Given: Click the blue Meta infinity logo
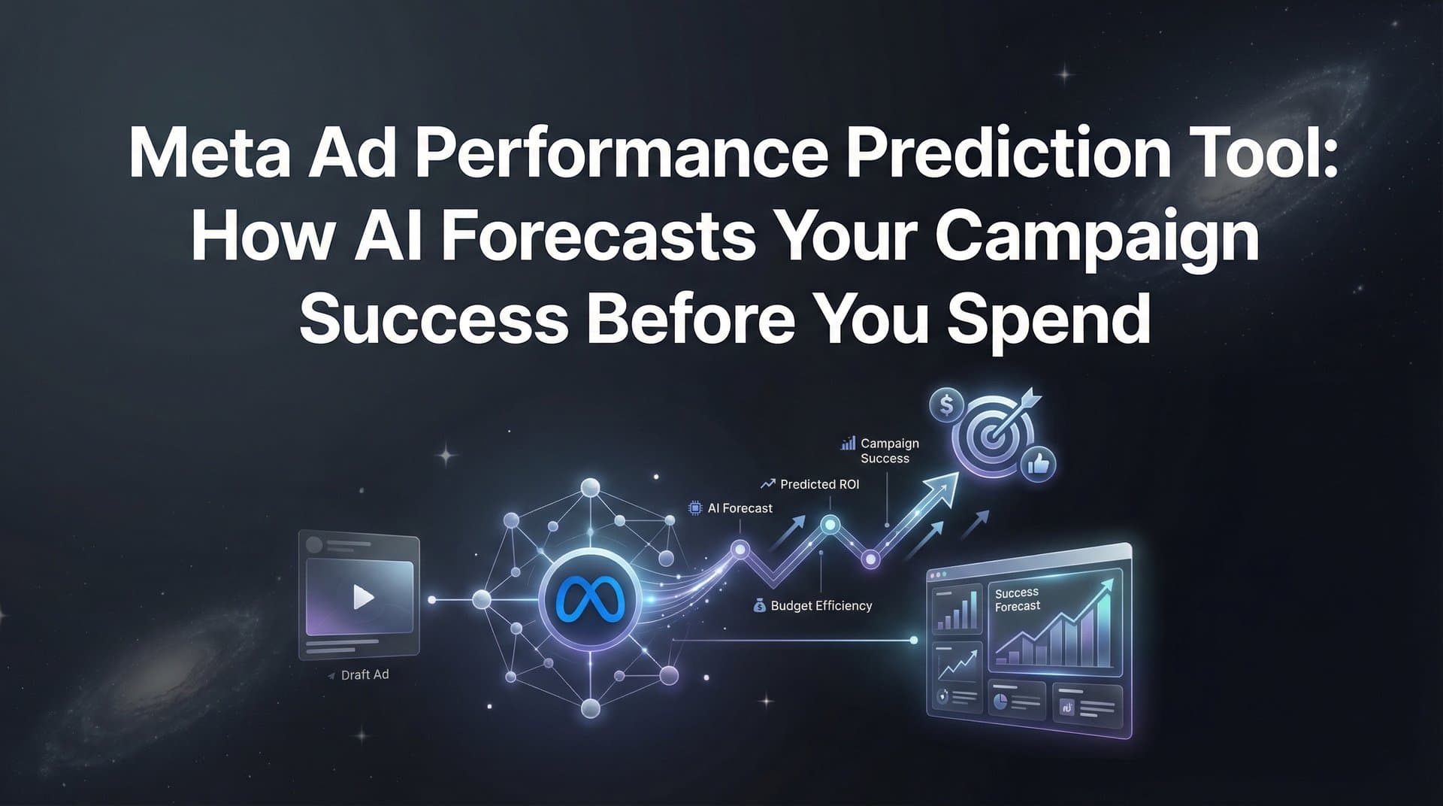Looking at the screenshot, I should click(x=590, y=599).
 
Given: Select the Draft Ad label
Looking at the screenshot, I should click(x=365, y=675).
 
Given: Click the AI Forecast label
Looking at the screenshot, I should click(x=740, y=508).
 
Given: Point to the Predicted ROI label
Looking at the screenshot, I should click(x=819, y=484).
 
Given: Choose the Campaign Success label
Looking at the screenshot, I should click(x=889, y=450).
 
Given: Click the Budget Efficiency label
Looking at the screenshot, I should click(x=821, y=605).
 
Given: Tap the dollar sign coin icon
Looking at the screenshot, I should click(x=946, y=405).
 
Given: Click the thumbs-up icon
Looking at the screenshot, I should click(x=1039, y=464).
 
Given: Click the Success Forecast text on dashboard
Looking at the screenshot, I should click(x=1018, y=599).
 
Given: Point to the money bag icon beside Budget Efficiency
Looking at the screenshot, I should click(x=759, y=605).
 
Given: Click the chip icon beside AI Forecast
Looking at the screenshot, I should click(x=695, y=508).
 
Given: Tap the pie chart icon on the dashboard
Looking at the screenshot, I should click(x=1000, y=701).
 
